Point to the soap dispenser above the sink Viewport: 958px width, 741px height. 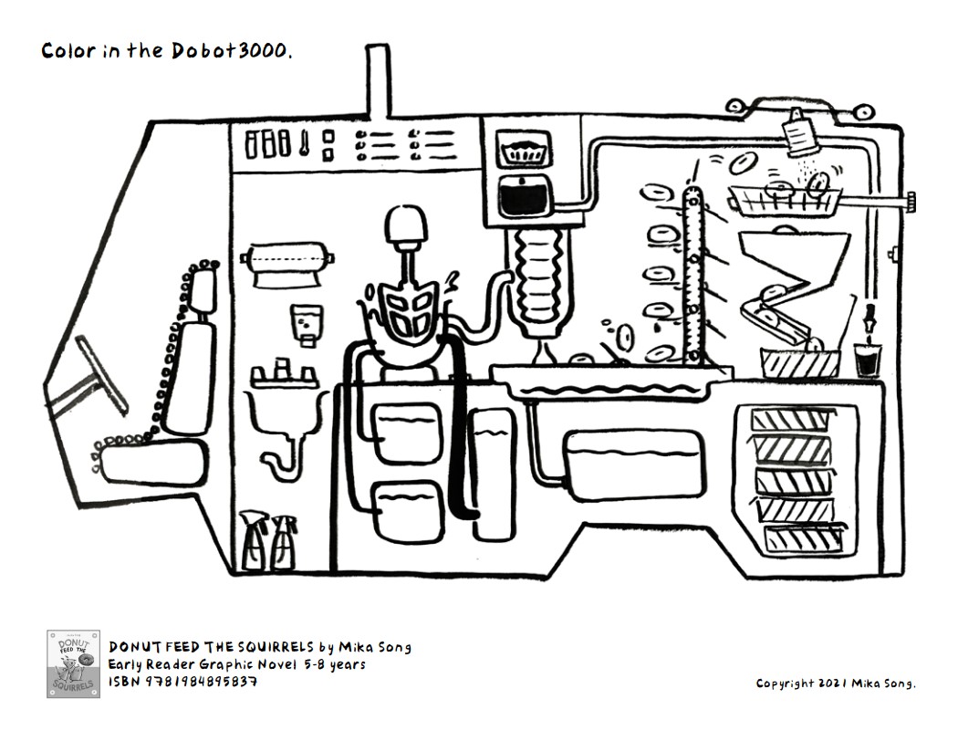click(307, 323)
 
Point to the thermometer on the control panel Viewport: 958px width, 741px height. click(304, 143)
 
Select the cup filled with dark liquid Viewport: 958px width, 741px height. click(865, 359)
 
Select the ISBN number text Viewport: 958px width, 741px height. click(182, 681)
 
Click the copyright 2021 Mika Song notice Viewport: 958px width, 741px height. click(836, 684)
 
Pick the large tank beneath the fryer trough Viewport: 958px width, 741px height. click(633, 465)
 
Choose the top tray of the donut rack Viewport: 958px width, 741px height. click(791, 421)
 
